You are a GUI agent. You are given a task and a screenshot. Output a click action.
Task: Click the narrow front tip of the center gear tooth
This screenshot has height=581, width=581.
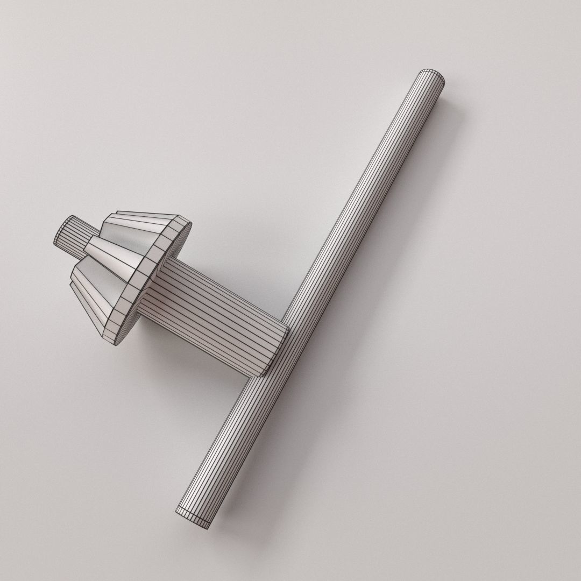pyautogui.click(x=91, y=247)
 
